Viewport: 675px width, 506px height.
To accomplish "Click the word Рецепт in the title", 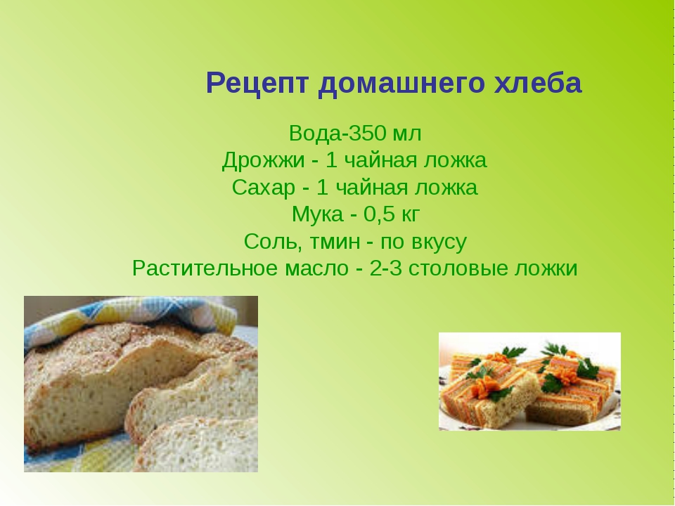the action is (x=257, y=84).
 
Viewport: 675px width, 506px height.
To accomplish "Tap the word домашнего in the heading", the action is (x=401, y=84).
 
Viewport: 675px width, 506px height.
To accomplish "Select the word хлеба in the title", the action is (x=538, y=83).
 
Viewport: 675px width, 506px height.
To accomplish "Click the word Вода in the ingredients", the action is (x=315, y=133).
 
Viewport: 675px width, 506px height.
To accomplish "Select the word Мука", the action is (x=317, y=214).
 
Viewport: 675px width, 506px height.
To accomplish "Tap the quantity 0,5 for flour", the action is (x=379, y=214).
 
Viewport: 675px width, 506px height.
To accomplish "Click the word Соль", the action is (x=271, y=241).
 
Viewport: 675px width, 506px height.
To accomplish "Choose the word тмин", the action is (x=333, y=242).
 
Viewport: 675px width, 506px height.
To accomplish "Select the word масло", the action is (x=317, y=270).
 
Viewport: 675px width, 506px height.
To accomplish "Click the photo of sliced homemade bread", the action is (x=141, y=384).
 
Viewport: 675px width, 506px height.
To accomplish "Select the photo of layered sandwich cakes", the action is (x=529, y=381).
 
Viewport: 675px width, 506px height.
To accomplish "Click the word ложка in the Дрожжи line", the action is (x=456, y=160).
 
